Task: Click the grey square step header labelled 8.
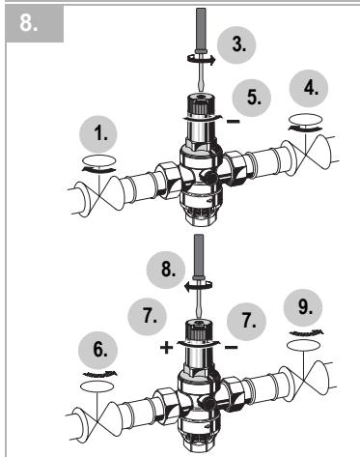click(x=35, y=23)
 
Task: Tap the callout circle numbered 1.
click(x=97, y=134)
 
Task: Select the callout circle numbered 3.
click(x=236, y=45)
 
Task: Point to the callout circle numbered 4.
click(x=309, y=88)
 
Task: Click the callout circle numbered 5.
click(x=252, y=98)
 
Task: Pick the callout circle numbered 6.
click(x=97, y=351)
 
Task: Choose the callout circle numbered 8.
click(x=166, y=270)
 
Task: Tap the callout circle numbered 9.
click(x=303, y=308)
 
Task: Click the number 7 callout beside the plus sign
click(x=148, y=316)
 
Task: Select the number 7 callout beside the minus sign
click(x=246, y=321)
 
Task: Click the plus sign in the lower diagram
click(x=166, y=348)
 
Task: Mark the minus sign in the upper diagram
click(x=234, y=122)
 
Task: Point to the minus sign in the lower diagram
click(x=231, y=347)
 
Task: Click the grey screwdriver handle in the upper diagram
click(x=201, y=29)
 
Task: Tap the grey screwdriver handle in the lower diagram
click(x=198, y=256)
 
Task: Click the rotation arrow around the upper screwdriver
click(x=201, y=59)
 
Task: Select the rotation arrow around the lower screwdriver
click(x=198, y=285)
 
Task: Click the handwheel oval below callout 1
click(x=99, y=160)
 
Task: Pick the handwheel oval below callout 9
click(x=304, y=345)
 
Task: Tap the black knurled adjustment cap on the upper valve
click(x=201, y=103)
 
